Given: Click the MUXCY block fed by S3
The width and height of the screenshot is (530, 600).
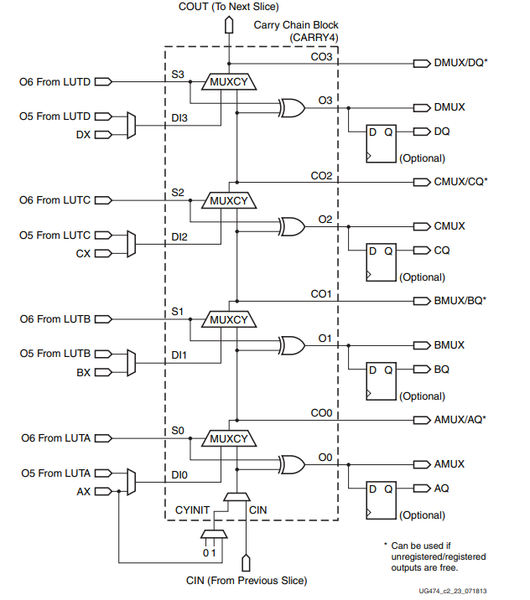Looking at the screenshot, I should tap(229, 82).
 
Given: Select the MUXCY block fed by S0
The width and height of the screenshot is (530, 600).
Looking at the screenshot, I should tap(229, 438).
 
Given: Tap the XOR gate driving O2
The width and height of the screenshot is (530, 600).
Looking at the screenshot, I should tap(292, 226).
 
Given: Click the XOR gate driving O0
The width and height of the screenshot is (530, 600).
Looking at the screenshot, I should tap(292, 464).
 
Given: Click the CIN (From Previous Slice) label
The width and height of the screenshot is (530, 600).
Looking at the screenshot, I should tap(246, 580).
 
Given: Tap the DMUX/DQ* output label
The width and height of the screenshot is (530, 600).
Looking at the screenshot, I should tap(460, 64).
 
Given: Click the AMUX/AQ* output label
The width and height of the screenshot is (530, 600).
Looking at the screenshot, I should tap(460, 420).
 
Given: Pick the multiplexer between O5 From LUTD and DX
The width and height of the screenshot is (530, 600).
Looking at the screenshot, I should tap(130, 126).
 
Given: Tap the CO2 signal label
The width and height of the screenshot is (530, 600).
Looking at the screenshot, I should tap(321, 176).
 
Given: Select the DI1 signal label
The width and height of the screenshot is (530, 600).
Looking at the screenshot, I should tap(179, 355).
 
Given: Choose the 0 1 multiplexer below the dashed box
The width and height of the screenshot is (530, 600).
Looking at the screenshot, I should tap(213, 535).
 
